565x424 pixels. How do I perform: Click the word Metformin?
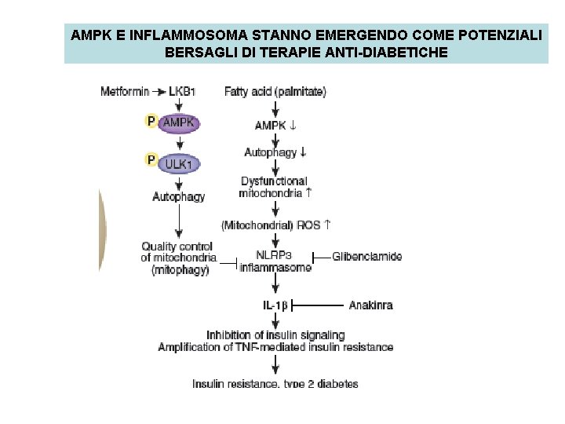click(x=125, y=91)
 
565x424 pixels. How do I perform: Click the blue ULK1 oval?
click(x=180, y=163)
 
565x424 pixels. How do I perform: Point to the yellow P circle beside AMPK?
click(x=151, y=121)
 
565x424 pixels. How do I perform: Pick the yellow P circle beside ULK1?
click(x=151, y=161)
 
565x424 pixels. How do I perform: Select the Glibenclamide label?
click(x=366, y=256)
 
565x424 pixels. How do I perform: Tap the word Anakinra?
click(x=370, y=305)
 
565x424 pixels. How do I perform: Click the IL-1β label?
click(x=275, y=305)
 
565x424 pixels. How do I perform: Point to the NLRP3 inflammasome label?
click(x=276, y=261)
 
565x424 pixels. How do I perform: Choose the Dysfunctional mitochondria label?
click(x=275, y=187)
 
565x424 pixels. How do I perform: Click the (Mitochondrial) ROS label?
click(x=275, y=225)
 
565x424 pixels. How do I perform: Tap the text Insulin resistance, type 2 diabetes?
click(x=275, y=384)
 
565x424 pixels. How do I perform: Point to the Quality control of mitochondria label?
click(x=178, y=258)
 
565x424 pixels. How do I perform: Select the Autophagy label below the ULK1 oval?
click(x=178, y=196)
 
